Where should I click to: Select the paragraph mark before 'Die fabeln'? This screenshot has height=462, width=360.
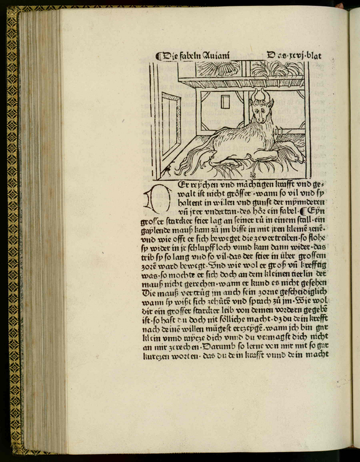pyautogui.click(x=160, y=57)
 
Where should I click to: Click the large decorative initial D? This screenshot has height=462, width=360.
pyautogui.click(x=151, y=199)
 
